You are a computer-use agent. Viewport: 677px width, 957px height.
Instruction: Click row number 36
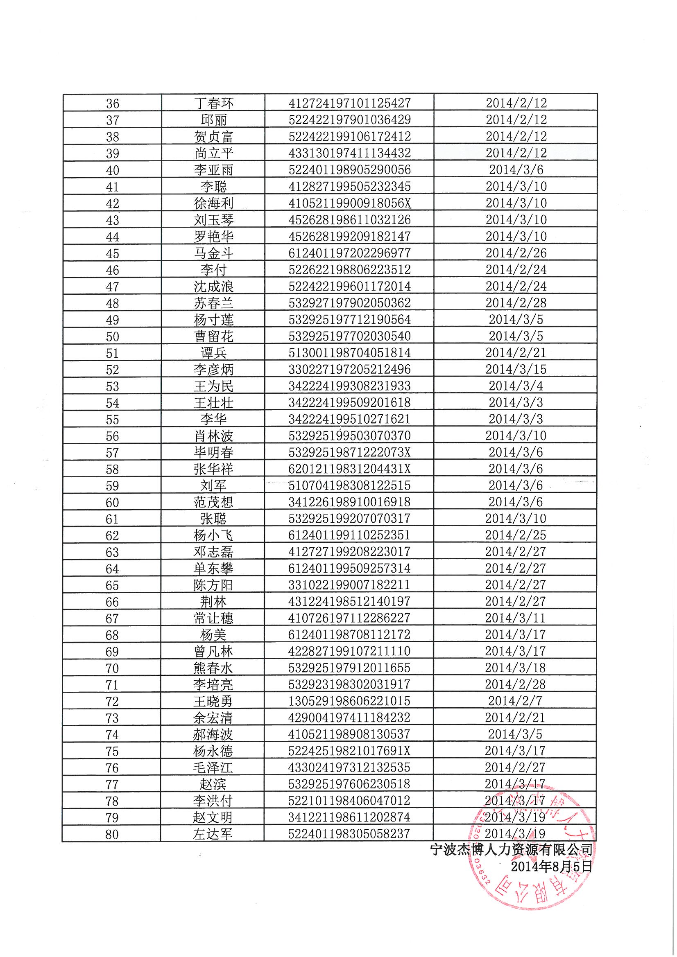coord(113,104)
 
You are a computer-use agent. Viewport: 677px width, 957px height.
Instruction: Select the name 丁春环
coord(213,104)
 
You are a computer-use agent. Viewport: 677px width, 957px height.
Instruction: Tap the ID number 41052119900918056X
coord(349,203)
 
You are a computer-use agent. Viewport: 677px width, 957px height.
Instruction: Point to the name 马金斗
coord(213,253)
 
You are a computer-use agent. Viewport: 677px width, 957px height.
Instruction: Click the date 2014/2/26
coord(516,253)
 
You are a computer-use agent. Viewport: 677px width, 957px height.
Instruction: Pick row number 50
coord(113,336)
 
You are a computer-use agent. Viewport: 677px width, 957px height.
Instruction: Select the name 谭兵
coord(213,353)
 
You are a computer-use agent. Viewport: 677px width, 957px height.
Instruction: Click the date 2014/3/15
coord(516,369)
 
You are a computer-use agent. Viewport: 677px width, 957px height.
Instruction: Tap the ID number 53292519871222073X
coord(349,452)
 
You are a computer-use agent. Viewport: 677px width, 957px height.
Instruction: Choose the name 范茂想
coord(213,502)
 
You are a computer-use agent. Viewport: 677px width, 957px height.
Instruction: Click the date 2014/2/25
coord(516,535)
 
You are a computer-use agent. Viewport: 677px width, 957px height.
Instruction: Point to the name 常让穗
coord(213,618)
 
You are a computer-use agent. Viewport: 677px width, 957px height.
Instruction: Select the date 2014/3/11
coord(516,618)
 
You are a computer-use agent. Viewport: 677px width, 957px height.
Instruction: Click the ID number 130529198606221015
coord(349,701)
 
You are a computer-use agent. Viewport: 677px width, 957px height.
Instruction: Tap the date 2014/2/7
coord(516,701)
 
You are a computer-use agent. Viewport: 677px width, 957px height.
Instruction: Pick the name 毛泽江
coord(213,768)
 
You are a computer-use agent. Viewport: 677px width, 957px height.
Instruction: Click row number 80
coord(112,835)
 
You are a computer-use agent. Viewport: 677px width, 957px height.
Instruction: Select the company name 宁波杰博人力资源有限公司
coord(512,849)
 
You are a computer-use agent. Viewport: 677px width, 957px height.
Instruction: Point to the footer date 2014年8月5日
coord(551,867)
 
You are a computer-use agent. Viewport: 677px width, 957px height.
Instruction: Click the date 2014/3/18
coord(516,668)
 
